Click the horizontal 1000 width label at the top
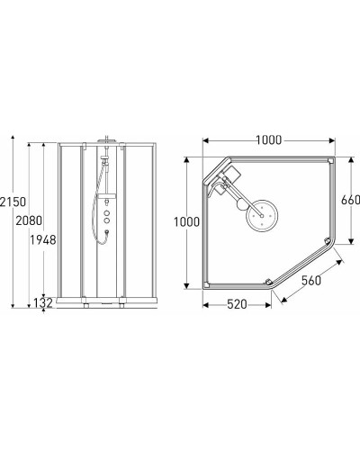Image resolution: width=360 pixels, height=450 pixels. [267, 139]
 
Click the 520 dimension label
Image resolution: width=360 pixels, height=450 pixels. [235, 306]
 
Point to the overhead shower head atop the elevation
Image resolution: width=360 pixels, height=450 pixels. [108, 142]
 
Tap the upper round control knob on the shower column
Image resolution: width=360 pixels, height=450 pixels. [108, 206]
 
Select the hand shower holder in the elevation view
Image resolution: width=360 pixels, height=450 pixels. [102, 167]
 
